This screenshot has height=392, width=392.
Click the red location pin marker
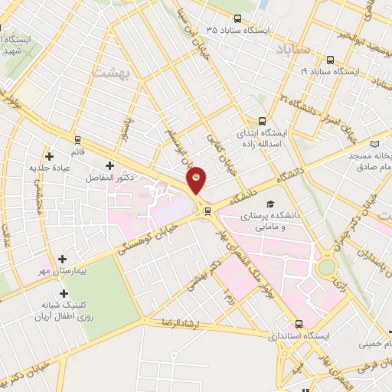coord(197,179)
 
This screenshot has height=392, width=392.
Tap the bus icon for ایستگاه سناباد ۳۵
coord(237,19)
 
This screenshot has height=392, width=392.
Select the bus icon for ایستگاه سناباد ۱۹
coord(330,60)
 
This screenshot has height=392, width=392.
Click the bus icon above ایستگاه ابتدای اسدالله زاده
coord(263,121)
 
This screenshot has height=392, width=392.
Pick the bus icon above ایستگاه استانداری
coord(299,324)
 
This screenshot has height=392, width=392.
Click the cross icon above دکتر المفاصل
coord(109,165)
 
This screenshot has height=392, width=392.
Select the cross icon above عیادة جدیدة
coord(49,155)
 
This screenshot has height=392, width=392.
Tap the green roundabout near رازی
coord(327,266)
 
